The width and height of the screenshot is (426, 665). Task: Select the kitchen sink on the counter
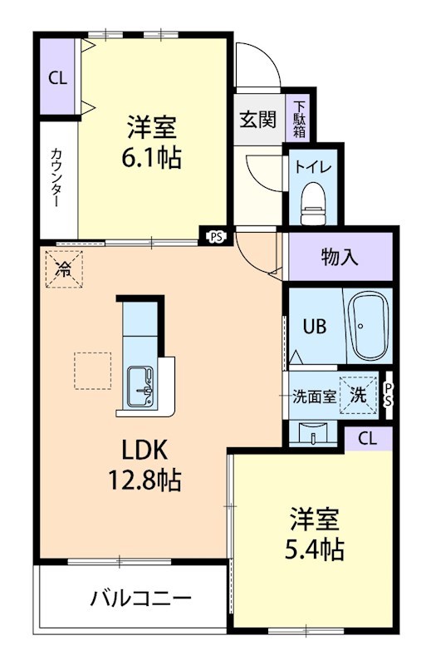[x=143, y=383]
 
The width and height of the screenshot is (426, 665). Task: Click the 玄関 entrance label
[x=258, y=120]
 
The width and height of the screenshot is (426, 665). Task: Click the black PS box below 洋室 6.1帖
[x=216, y=237]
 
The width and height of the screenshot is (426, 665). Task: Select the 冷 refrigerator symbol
[x=63, y=268]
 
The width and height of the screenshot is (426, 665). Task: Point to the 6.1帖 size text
[x=154, y=157]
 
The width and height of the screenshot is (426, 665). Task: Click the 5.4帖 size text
[x=316, y=548]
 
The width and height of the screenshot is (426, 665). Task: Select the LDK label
[x=146, y=450]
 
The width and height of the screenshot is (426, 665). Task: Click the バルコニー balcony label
[x=141, y=598]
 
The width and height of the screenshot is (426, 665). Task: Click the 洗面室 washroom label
[x=314, y=397]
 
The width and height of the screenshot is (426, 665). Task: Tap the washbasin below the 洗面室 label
[x=315, y=433]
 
